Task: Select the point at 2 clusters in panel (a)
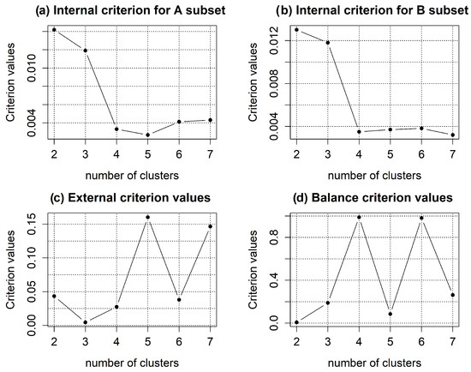tap(54, 30)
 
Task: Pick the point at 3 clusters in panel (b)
tap(326, 42)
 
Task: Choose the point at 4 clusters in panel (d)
tap(358, 218)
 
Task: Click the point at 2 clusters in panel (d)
tap(296, 322)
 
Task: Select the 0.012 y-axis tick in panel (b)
tap(273, 38)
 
